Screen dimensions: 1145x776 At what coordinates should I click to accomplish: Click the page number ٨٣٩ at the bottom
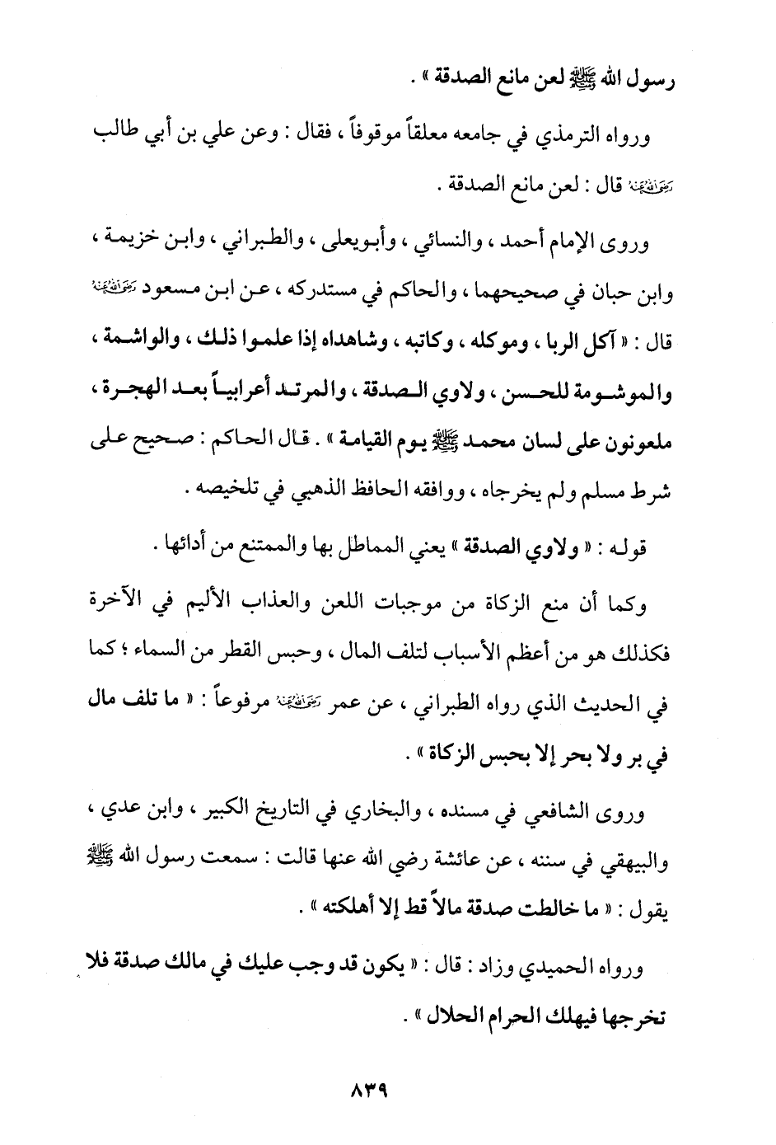pyautogui.click(x=367, y=1097)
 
